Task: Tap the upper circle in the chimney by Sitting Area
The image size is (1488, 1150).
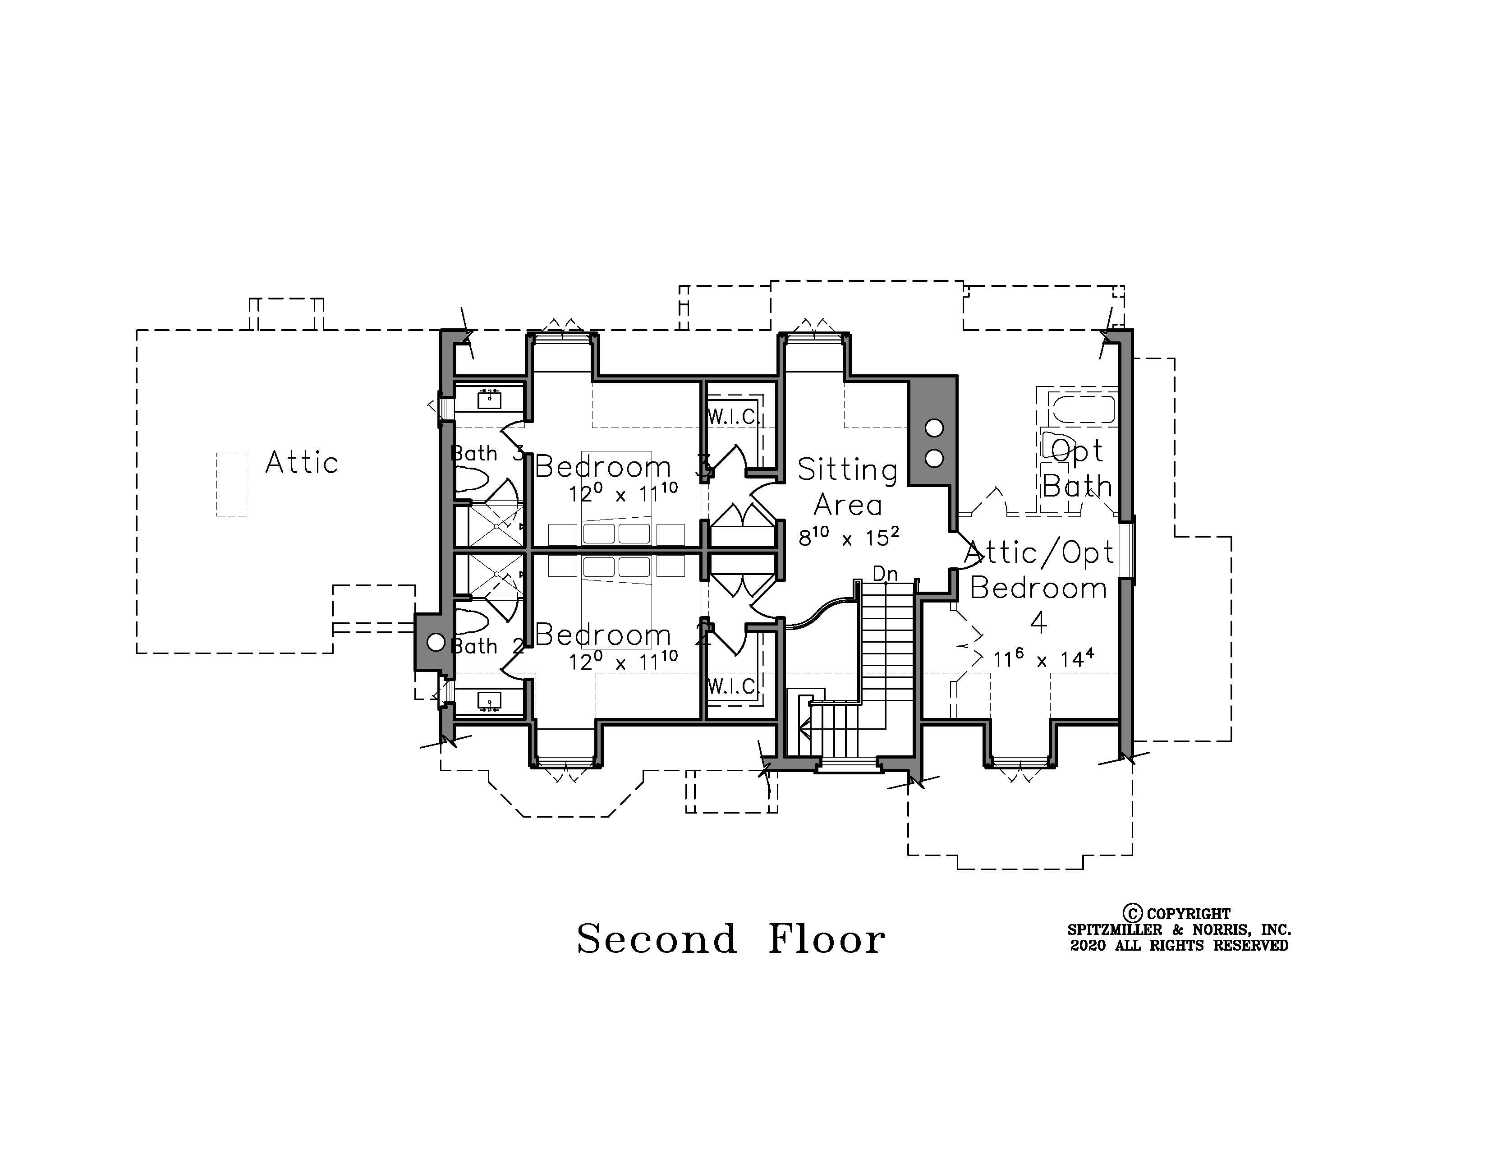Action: click(x=934, y=428)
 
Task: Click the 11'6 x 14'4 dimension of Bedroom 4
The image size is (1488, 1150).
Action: click(x=1044, y=659)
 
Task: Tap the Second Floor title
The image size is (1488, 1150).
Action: click(x=731, y=939)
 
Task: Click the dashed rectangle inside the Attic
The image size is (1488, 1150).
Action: click(x=231, y=484)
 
